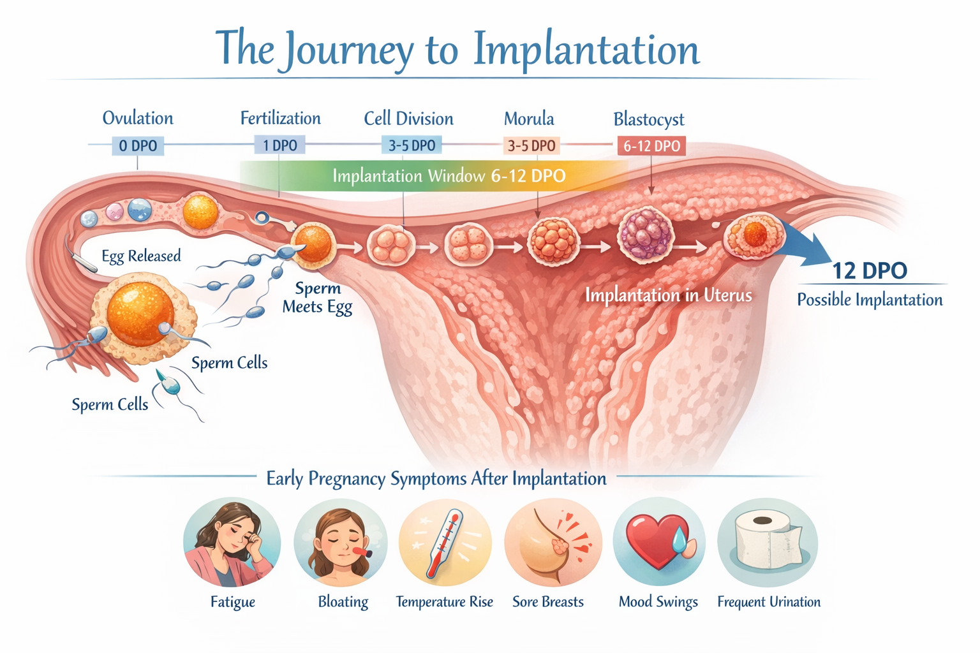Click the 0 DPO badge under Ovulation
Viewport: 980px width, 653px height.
pyautogui.click(x=138, y=146)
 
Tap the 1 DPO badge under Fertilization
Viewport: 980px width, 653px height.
pyautogui.click(x=279, y=145)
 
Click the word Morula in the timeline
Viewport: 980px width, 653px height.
pyautogui.click(x=529, y=119)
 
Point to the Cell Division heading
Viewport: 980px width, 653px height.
pyautogui.click(x=408, y=119)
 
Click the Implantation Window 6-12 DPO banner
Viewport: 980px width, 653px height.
pyautogui.click(x=449, y=176)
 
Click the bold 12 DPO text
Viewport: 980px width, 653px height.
pyautogui.click(x=869, y=270)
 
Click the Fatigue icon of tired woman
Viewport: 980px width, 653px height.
pyautogui.click(x=232, y=543)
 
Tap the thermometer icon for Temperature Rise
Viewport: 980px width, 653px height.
pyautogui.click(x=445, y=543)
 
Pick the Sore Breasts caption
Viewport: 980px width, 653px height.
pyautogui.click(x=548, y=602)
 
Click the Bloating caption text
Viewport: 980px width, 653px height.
pyautogui.click(x=343, y=602)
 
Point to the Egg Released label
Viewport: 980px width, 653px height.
pyautogui.click(x=141, y=256)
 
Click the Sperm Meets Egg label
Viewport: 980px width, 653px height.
pyautogui.click(x=317, y=298)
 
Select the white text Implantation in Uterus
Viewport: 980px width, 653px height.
pyautogui.click(x=668, y=295)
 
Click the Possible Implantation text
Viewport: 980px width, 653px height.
pyautogui.click(x=870, y=300)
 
